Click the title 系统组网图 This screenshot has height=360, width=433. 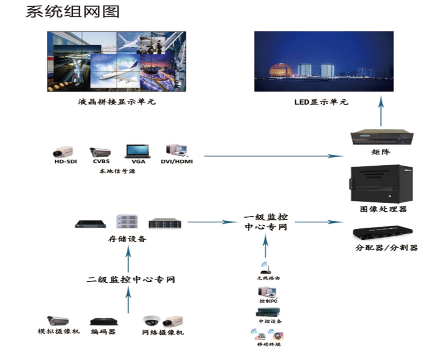pos(72,11)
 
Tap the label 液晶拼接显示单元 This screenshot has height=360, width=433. pos(117,102)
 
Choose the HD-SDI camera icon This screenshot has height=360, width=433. pos(64,151)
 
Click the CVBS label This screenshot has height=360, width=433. pos(101,161)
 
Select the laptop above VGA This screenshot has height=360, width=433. pos(137,151)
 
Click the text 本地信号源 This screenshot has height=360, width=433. pos(117,171)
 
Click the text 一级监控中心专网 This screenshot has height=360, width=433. pos(266,222)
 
